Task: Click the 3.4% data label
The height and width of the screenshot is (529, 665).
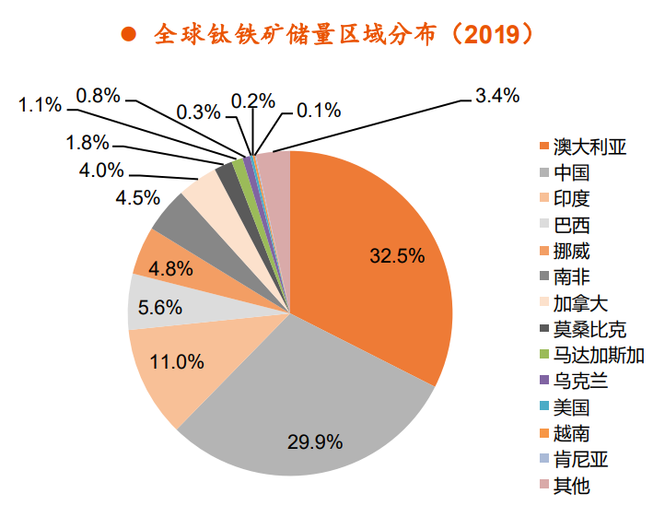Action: coord(496,94)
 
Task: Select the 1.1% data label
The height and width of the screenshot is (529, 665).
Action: coord(40,104)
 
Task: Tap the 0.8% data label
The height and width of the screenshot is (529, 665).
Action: coord(98,94)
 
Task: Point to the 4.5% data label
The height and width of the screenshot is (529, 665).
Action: coord(137,197)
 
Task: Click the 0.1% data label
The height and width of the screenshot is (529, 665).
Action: coord(319,111)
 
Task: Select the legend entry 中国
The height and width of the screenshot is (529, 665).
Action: coord(571,173)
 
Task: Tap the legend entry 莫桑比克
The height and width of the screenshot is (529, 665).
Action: coord(589,329)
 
